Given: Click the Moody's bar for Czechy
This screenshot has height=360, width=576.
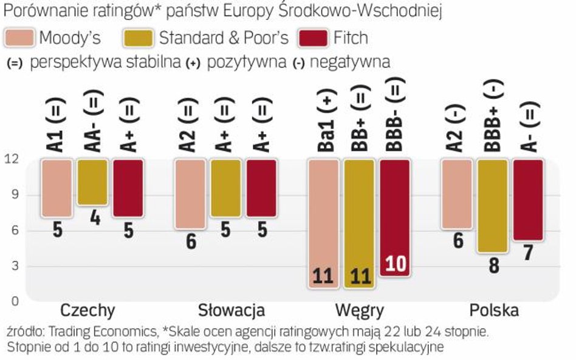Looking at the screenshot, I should point(57,188).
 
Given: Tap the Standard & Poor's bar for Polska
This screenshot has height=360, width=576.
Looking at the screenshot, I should point(493,206).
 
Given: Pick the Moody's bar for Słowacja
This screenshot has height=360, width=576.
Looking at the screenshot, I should point(190,194).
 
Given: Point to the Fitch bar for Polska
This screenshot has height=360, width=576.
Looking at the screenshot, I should point(528,200).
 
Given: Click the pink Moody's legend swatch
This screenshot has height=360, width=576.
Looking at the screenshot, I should point(20,38).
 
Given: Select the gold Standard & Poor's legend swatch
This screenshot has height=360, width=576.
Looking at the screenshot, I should point(139,38).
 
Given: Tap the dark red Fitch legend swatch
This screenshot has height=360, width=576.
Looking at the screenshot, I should point(314,38).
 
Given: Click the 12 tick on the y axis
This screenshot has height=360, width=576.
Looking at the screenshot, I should point(12,160).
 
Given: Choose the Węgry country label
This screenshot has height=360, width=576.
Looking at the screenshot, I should point(360,311).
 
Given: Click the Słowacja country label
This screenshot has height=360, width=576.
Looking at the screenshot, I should point(231,311).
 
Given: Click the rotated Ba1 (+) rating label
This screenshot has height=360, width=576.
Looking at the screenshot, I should point(324,120).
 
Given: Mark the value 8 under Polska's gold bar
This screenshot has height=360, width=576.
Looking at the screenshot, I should point(493,265).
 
